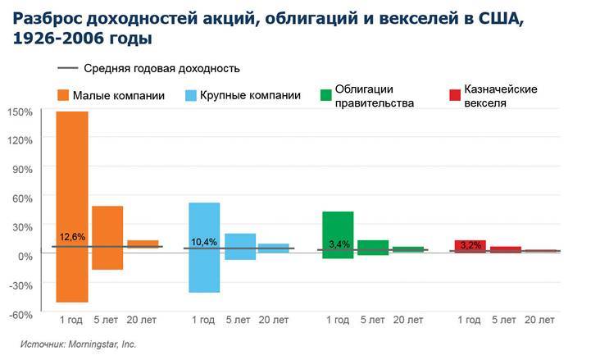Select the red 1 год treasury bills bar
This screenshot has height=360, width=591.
tap(471, 245)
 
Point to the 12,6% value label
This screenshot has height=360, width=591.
tap(72, 237)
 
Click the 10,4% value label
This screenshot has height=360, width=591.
tap(204, 242)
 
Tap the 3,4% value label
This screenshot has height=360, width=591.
tap(339, 244)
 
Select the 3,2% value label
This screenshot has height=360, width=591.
tap(471, 245)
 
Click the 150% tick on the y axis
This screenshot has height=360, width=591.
tap(20, 112)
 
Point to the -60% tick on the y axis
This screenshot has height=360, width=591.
tap(20, 314)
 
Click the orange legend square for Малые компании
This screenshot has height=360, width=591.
tap(62, 95)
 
